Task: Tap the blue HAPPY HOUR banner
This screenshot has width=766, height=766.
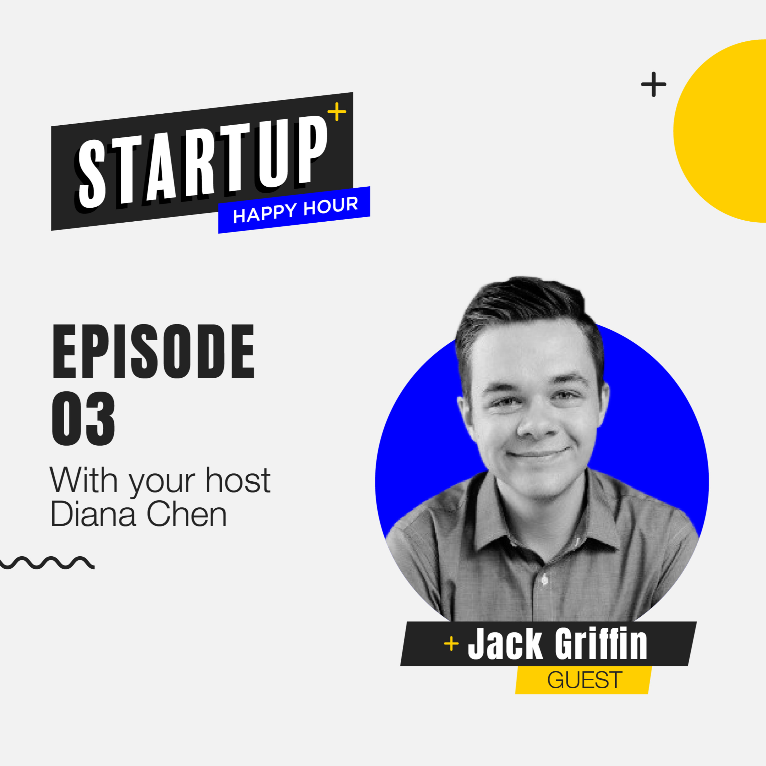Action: [x=294, y=210]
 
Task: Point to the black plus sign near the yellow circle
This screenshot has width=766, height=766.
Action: [x=653, y=84]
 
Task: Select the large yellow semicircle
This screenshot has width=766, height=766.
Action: [x=720, y=131]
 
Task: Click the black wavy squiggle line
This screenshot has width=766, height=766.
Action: [x=47, y=562]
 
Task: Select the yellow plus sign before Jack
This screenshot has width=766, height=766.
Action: [x=451, y=643]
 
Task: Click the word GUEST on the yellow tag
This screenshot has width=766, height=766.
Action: [x=584, y=679]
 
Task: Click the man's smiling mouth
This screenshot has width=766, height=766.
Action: [x=538, y=453]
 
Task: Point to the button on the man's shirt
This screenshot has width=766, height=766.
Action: [x=544, y=580]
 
